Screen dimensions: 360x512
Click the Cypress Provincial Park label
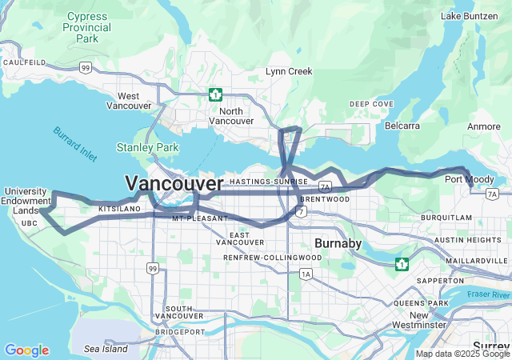pyautogui.click(x=87, y=27)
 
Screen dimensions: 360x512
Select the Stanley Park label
pyautogui.click(x=147, y=147)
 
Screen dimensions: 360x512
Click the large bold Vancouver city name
pyautogui.click(x=174, y=184)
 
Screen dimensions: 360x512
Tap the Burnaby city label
pyautogui.click(x=338, y=242)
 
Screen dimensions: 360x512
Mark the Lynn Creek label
pyautogui.click(x=289, y=72)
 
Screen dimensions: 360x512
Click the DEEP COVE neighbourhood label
pyautogui.click(x=370, y=104)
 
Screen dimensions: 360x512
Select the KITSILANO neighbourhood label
pyautogui.click(x=114, y=208)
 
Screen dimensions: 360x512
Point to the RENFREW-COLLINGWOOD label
pyautogui.click(x=273, y=258)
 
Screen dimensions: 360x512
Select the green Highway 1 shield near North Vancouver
pyautogui.click(x=214, y=94)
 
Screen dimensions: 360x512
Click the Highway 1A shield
pyautogui.click(x=306, y=274)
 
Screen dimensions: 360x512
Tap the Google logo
pyautogui.click(x=26, y=350)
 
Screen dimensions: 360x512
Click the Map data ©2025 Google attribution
pyautogui.click(x=462, y=354)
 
